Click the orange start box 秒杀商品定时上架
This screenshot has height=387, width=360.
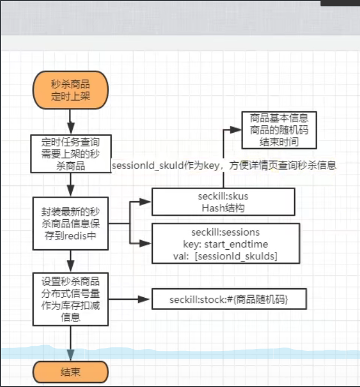point(71,90)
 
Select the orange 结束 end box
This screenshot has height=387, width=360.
point(71,372)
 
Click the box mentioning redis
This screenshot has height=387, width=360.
point(71,223)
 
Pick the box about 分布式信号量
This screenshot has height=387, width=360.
point(71,299)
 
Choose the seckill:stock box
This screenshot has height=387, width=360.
point(229,299)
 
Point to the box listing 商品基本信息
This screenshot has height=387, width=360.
point(279,129)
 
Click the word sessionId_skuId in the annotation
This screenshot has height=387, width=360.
point(142,166)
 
